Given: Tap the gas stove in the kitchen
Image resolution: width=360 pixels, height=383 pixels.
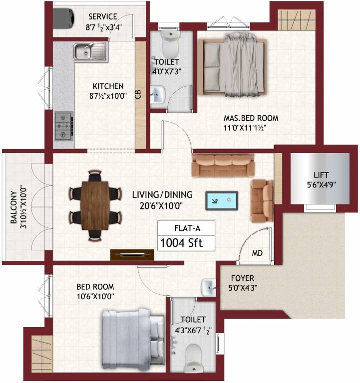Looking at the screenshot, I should click(x=64, y=124).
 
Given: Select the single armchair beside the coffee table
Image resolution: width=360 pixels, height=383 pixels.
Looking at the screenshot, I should click(x=261, y=200).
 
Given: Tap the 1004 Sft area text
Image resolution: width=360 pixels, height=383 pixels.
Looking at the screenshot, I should click(x=186, y=243).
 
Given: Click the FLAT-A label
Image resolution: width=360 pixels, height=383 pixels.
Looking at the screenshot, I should click(x=187, y=229).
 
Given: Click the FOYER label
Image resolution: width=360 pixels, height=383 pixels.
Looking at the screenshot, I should click(x=242, y=278).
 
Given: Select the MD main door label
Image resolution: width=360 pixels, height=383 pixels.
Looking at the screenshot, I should click(x=257, y=253).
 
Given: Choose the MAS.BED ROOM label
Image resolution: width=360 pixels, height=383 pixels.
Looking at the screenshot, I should click(x=250, y=118).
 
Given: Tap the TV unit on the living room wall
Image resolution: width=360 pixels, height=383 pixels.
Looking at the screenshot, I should click(x=132, y=254).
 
